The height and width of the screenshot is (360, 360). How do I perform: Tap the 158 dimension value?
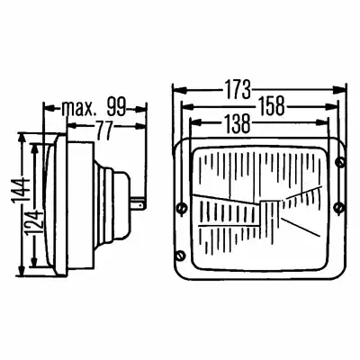(x=272, y=106)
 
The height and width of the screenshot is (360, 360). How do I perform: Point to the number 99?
(x=116, y=107)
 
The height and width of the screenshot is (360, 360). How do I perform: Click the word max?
(x=78, y=108)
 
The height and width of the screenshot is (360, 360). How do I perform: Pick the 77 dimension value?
(x=104, y=130)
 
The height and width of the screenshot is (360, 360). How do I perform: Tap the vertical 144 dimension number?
(x=22, y=193)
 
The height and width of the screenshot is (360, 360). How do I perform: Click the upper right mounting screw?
(x=340, y=162)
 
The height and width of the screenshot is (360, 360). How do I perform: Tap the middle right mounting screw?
(x=339, y=207)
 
